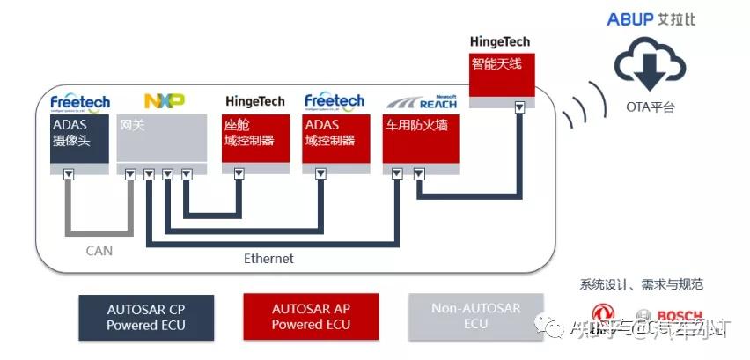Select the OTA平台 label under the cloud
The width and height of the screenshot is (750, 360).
click(651, 107)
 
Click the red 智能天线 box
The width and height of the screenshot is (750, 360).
click(502, 76)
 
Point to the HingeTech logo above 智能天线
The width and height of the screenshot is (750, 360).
click(500, 41)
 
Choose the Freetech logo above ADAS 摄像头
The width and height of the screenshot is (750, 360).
click(80, 101)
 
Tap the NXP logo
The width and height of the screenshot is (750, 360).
click(164, 101)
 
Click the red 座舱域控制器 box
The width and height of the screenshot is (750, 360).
click(255, 138)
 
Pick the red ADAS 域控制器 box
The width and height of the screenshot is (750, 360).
click(335, 138)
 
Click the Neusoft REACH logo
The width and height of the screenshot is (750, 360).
click(421, 101)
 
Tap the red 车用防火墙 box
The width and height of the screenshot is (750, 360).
click(420, 138)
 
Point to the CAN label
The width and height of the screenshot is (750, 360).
click(99, 251)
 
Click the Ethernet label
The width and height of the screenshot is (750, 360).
click(268, 259)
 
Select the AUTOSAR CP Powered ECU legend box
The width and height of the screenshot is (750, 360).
click(146, 317)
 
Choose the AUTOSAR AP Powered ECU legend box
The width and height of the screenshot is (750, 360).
click(310, 317)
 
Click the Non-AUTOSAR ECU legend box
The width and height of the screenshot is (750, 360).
click(475, 317)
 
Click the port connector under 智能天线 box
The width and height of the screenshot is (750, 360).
click(519, 107)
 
